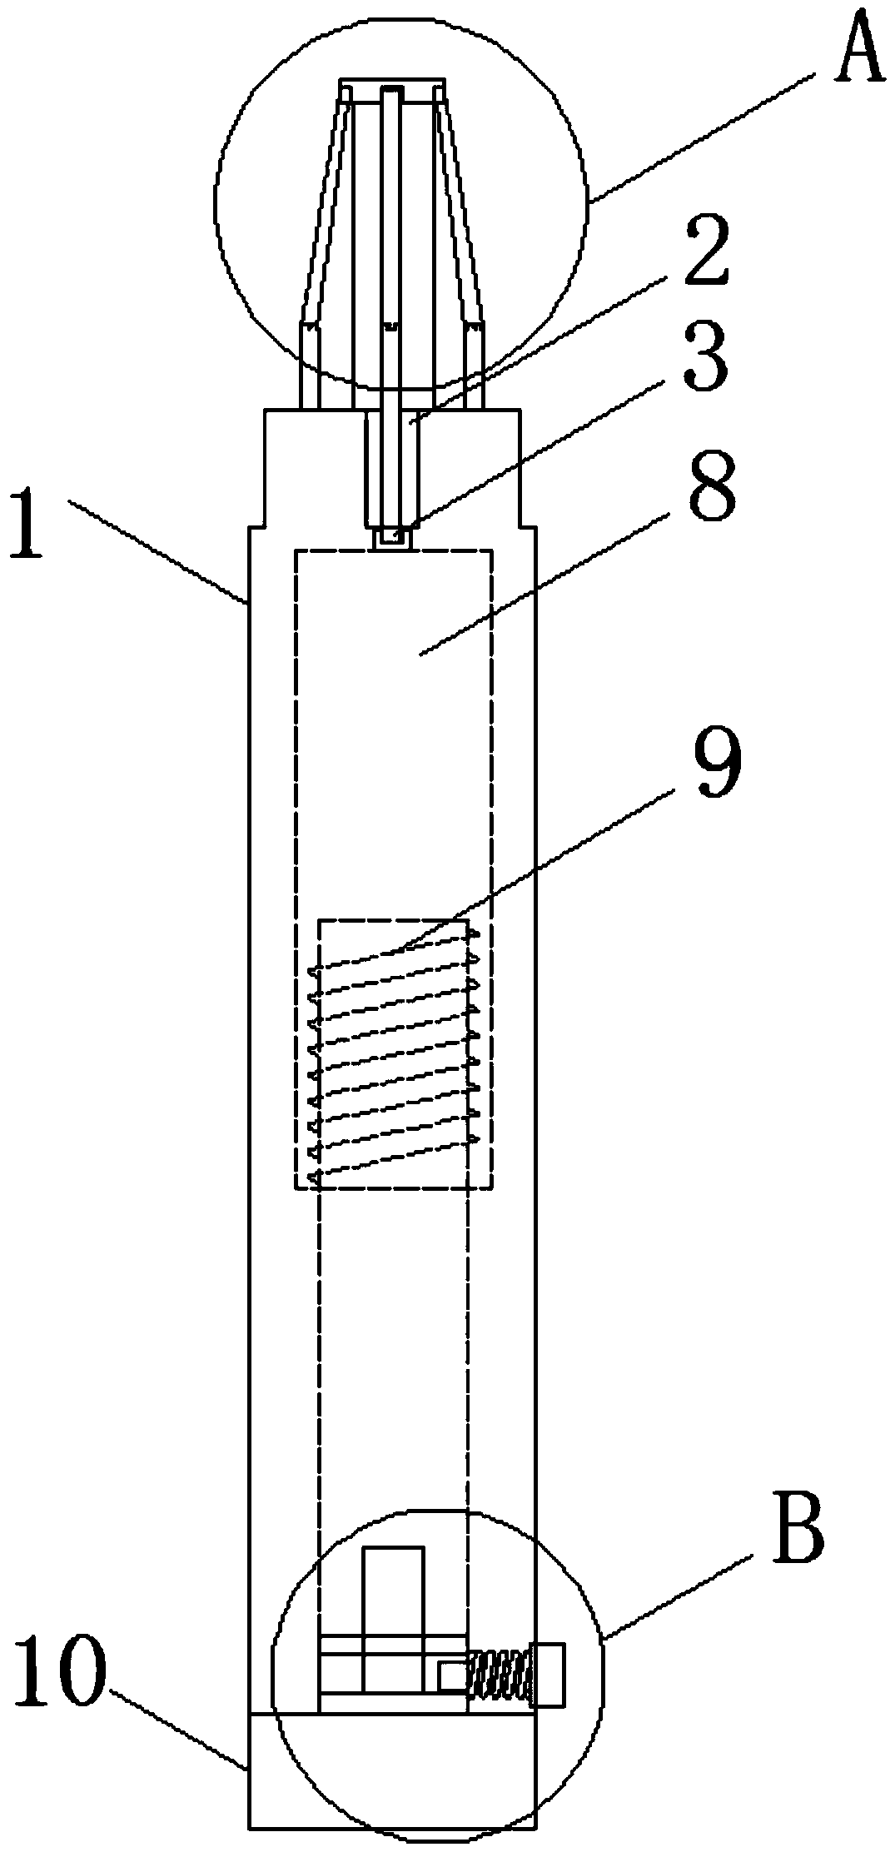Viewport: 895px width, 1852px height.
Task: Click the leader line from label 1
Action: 158,550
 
